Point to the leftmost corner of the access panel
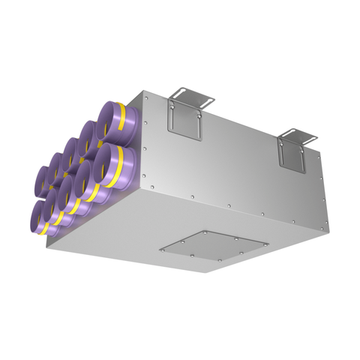[160, 245]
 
